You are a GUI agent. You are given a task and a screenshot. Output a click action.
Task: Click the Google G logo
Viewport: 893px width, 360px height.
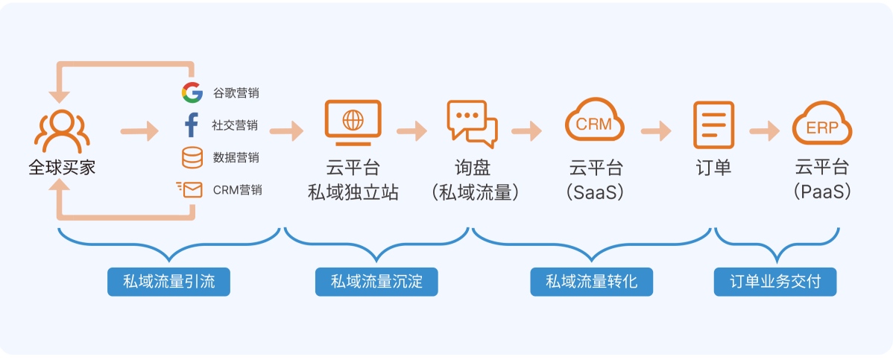[x=192, y=92]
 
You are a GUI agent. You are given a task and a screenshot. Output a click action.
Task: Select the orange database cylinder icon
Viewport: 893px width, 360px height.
[x=192, y=157]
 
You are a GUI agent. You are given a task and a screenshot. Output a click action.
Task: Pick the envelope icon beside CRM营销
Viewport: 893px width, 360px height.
[x=189, y=189]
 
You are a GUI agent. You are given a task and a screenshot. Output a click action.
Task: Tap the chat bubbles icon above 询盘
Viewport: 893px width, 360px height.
[x=472, y=121]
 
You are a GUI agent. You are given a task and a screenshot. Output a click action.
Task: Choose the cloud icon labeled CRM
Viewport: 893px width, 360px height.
[x=594, y=121]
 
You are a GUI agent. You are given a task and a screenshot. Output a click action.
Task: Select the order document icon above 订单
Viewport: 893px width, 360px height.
[x=713, y=124]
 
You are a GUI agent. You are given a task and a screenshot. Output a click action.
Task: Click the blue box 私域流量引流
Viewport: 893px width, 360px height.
[x=168, y=282]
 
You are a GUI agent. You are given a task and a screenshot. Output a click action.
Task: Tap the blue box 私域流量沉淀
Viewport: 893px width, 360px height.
[x=376, y=282]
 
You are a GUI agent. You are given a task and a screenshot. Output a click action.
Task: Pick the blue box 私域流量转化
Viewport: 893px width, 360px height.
[x=591, y=282]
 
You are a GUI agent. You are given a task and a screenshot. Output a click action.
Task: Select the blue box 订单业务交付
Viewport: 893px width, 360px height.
[x=775, y=282]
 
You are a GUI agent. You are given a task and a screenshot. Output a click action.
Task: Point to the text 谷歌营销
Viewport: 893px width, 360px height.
[x=236, y=93]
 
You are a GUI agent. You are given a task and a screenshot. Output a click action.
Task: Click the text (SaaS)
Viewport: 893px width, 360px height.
[x=595, y=192]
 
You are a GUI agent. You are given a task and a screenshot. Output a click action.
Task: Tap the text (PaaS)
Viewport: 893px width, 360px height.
[x=821, y=192]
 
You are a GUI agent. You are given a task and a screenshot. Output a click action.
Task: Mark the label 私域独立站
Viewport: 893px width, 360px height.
[x=353, y=192]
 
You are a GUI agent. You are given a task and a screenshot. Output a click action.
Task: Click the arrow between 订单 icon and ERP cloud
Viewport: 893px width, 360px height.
[x=764, y=131]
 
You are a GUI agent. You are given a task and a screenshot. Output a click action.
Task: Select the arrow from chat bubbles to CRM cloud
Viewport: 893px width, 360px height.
[x=527, y=131]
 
